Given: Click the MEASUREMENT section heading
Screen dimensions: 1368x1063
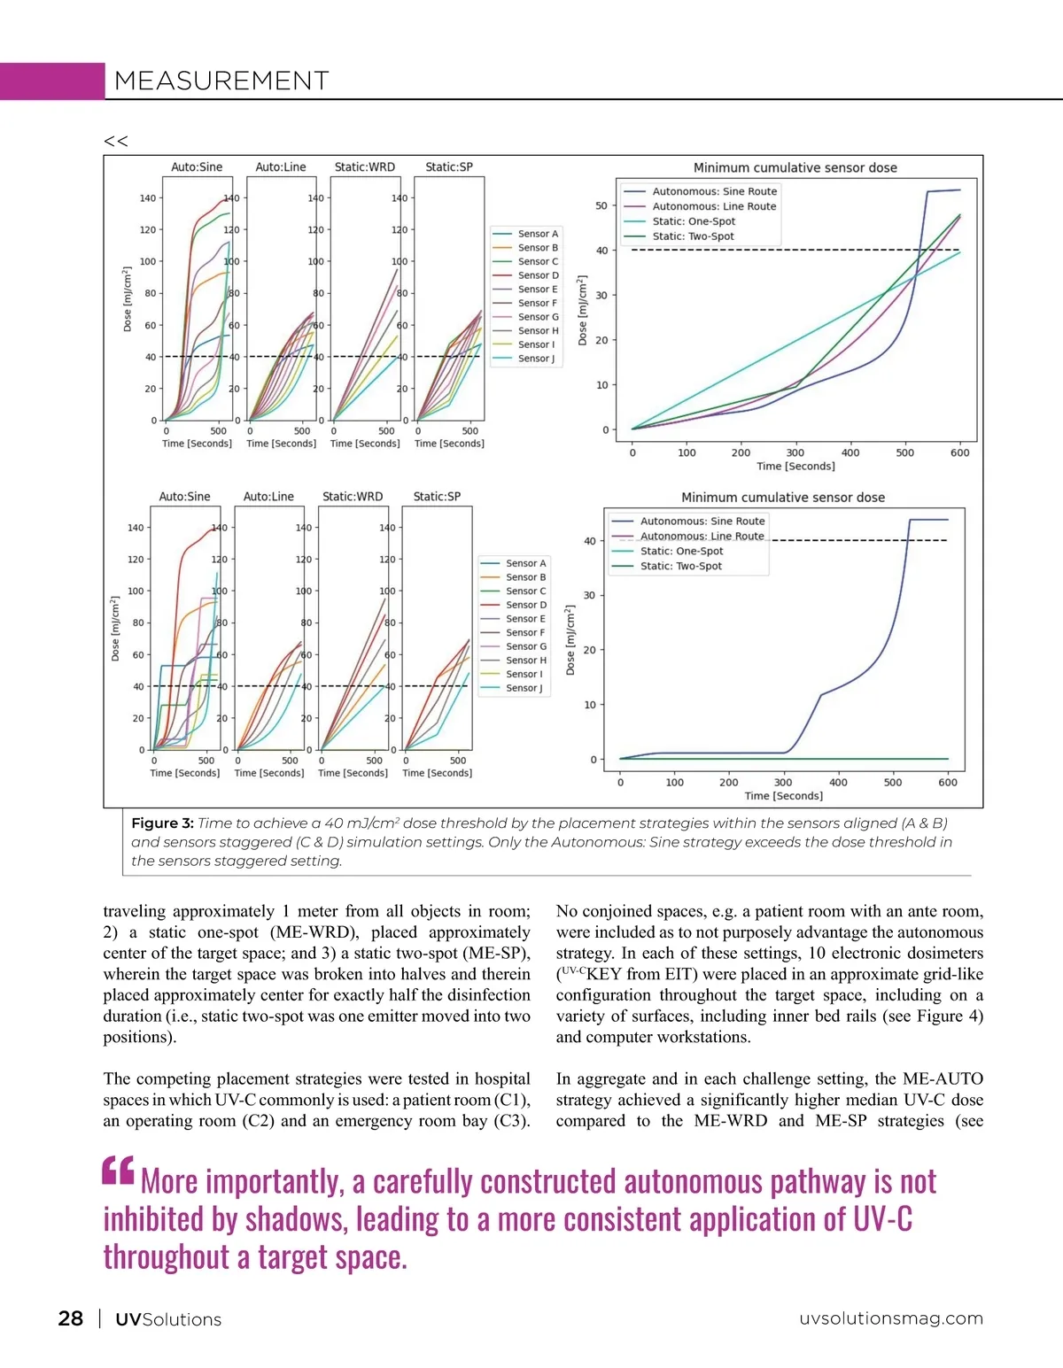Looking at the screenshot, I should [x=221, y=81].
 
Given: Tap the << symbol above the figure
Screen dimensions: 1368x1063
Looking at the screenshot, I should [x=116, y=141].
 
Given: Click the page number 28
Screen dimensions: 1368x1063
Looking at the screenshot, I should [x=71, y=1318].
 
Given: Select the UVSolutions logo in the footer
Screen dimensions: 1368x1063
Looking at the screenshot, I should [x=168, y=1319].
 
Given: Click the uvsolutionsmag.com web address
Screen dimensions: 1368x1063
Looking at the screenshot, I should [x=891, y=1318].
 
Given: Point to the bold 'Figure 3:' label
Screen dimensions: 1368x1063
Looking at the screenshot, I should [x=162, y=823].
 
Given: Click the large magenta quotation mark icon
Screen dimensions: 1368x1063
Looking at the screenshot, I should [x=119, y=1171].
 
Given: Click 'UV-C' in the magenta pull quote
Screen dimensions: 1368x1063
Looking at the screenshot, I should [x=882, y=1220].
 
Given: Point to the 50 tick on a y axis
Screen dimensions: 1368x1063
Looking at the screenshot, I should [x=601, y=206].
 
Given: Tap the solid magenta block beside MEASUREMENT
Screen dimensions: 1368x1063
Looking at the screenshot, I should [x=52, y=81].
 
